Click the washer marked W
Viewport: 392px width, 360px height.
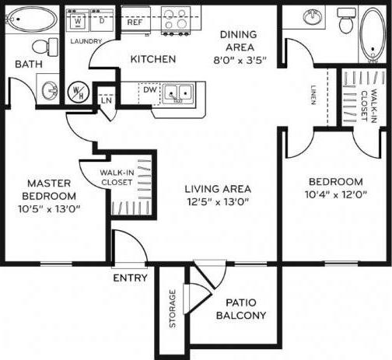point(78,19)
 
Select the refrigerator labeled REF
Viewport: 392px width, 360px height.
point(135,22)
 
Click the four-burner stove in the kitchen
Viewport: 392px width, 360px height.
point(177,19)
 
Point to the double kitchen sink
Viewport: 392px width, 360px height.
point(177,94)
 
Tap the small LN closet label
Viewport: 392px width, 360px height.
point(106,100)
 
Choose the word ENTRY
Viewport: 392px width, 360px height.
point(130,278)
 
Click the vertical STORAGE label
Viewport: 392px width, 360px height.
point(172,309)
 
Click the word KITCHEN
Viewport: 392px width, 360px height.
point(152,59)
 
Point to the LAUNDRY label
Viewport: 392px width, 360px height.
point(86,41)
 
